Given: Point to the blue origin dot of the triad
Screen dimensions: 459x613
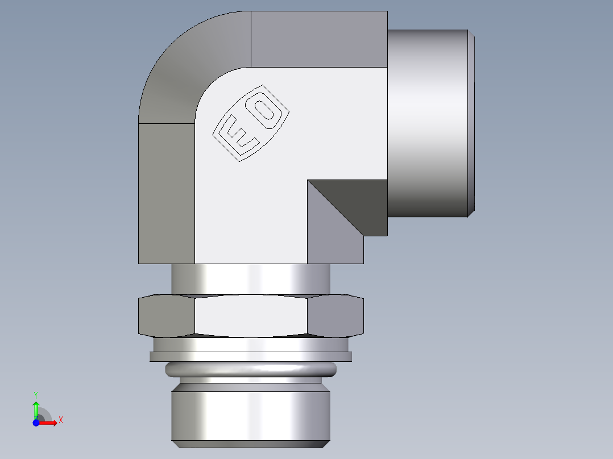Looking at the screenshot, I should point(36,423).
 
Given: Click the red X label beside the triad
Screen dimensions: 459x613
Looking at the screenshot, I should point(60,420).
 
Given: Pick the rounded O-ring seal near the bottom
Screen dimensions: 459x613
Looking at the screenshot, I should point(250,370).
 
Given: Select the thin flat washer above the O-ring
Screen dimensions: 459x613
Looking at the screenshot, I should point(250,356).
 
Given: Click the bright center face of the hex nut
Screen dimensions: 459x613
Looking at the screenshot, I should point(250,315).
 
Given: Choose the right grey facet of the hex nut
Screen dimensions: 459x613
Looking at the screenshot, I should point(336,315).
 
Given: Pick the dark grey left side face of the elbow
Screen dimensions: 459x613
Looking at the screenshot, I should point(166,193).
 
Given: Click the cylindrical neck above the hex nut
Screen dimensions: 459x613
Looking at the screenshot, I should point(250,279).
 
